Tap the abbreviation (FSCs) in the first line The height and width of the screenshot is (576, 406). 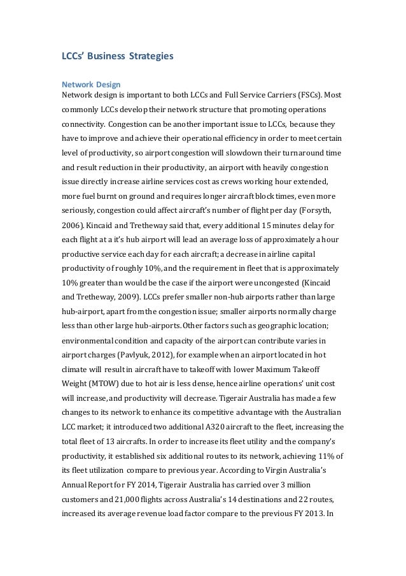tap(312, 96)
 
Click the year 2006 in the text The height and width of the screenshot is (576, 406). tap(72, 226)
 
